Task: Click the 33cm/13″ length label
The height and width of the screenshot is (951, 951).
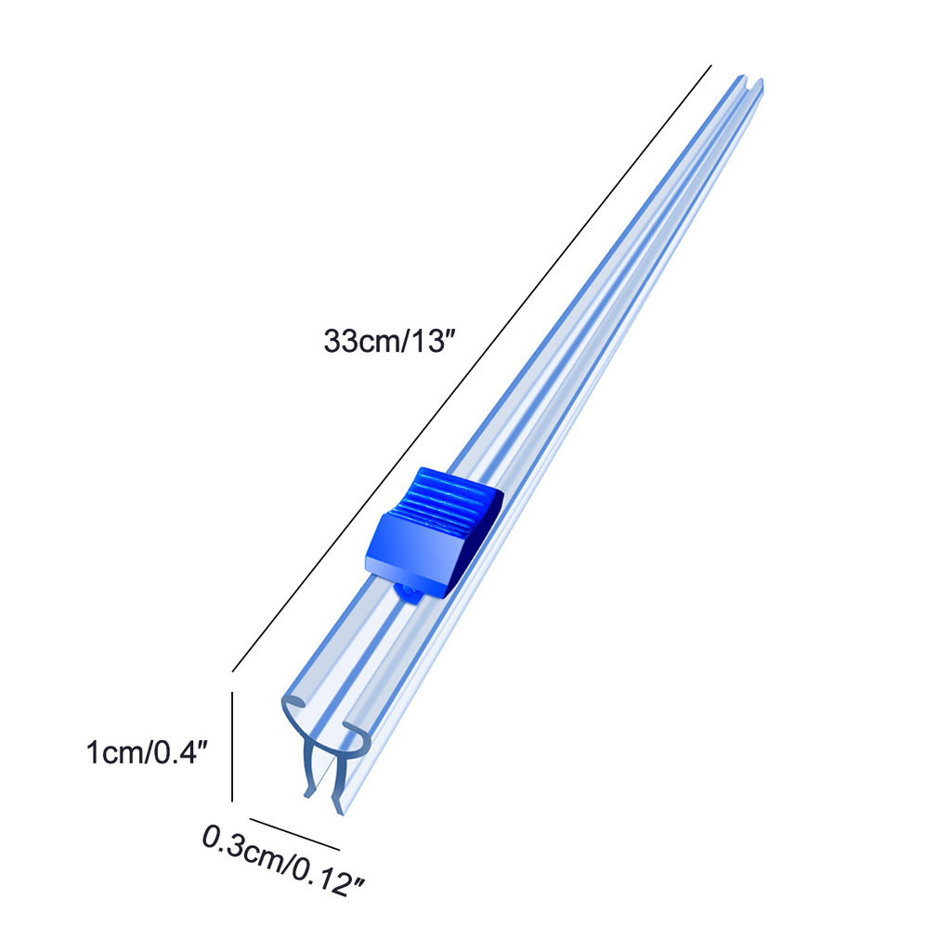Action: (x=389, y=341)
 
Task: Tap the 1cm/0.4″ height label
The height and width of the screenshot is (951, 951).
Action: (x=148, y=752)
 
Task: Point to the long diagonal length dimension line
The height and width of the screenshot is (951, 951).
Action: (x=471, y=368)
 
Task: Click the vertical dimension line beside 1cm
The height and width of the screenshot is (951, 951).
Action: (x=232, y=747)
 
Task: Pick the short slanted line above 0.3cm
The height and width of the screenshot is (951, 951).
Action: (x=294, y=834)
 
